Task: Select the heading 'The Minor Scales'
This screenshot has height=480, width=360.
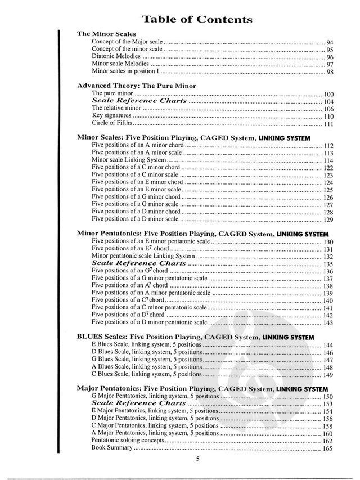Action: (x=106, y=34)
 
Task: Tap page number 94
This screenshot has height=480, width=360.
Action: (x=330, y=43)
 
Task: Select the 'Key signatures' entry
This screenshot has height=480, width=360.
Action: (x=107, y=115)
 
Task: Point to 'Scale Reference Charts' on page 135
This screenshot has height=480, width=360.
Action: (x=138, y=263)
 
